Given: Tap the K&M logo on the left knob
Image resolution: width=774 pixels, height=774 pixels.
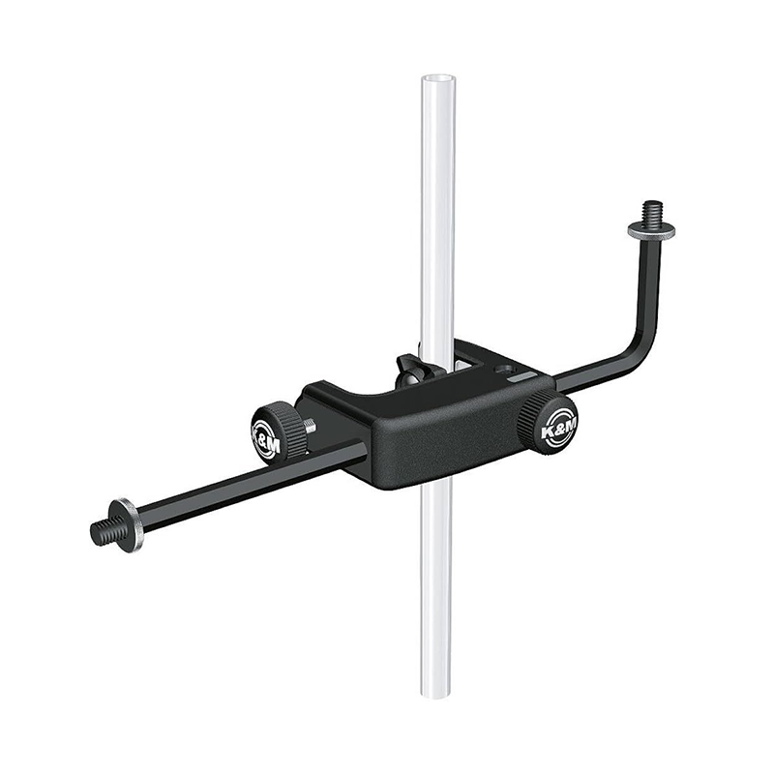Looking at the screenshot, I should pyautogui.click(x=267, y=433).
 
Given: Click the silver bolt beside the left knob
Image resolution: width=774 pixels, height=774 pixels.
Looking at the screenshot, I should pyautogui.click(x=309, y=425).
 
